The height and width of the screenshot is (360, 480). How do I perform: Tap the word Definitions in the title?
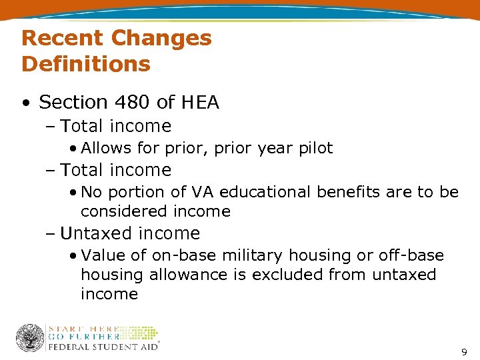[86, 64]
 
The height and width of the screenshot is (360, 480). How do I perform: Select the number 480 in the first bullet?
[133, 102]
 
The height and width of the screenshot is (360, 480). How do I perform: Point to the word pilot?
[313, 148]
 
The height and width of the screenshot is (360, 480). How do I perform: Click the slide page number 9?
[464, 351]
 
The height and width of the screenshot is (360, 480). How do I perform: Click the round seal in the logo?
[30, 338]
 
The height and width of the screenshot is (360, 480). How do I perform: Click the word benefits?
[349, 192]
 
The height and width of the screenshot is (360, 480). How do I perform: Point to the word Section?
[73, 102]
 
